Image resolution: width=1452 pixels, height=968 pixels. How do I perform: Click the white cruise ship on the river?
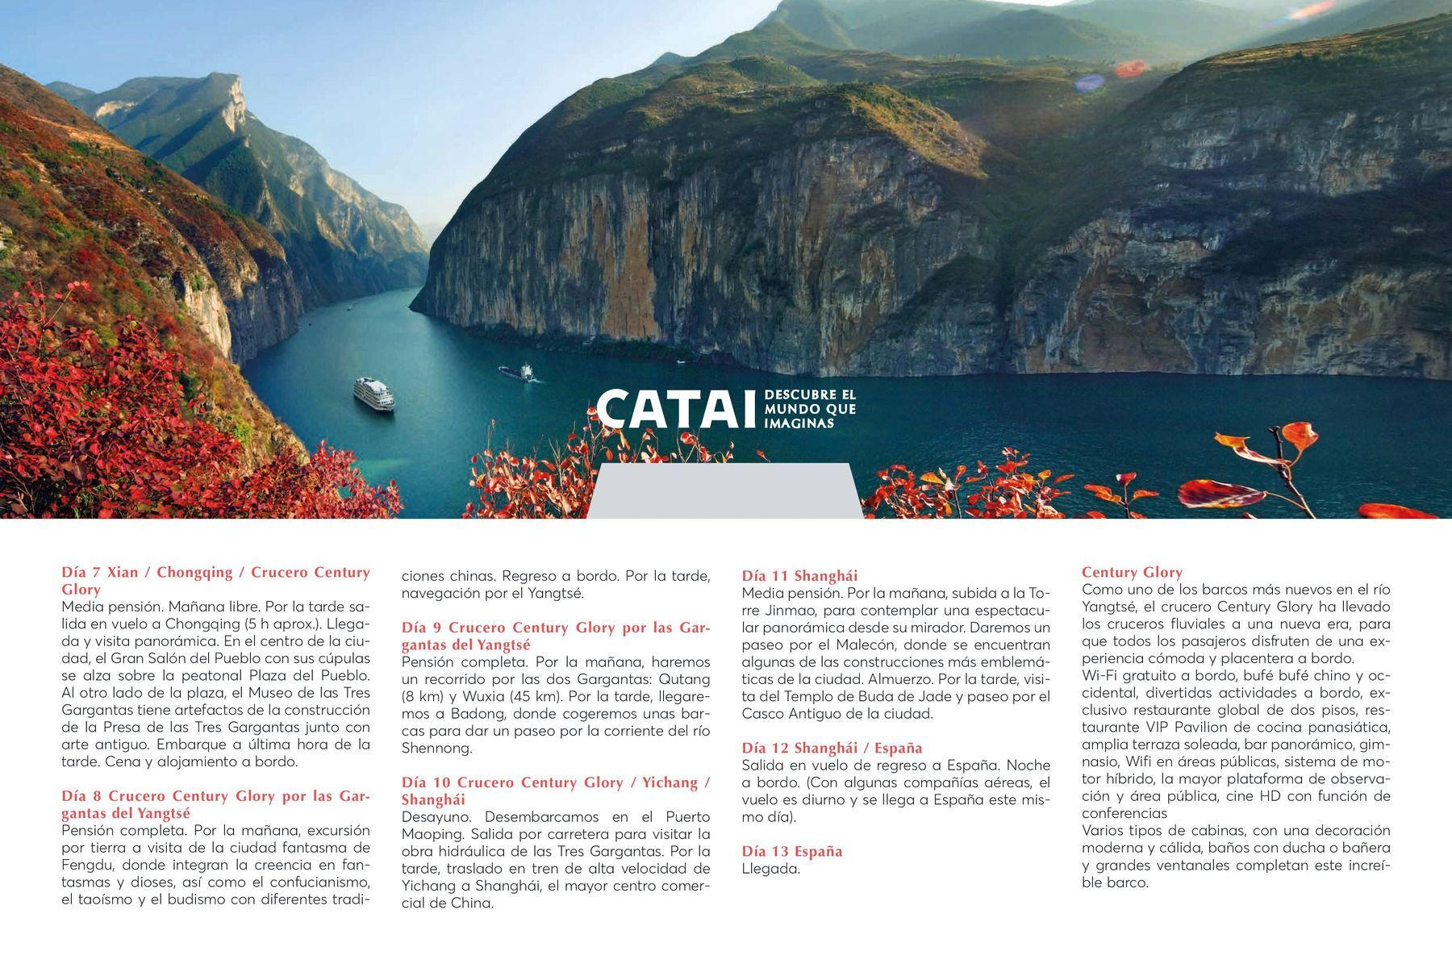click(373, 394)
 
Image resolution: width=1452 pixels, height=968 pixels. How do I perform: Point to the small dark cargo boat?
click(516, 372)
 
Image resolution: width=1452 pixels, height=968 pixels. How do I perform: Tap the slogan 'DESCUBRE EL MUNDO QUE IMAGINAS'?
click(809, 409)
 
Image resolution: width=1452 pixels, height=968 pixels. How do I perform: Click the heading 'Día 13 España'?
click(791, 852)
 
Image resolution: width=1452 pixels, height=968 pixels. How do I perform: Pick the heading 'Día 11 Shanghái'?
click(799, 576)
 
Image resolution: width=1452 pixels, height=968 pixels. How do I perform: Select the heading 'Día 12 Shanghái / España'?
click(832, 748)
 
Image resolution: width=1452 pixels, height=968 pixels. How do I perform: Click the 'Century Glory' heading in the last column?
click(1132, 573)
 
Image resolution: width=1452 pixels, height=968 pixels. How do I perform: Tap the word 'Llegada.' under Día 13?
click(770, 870)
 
